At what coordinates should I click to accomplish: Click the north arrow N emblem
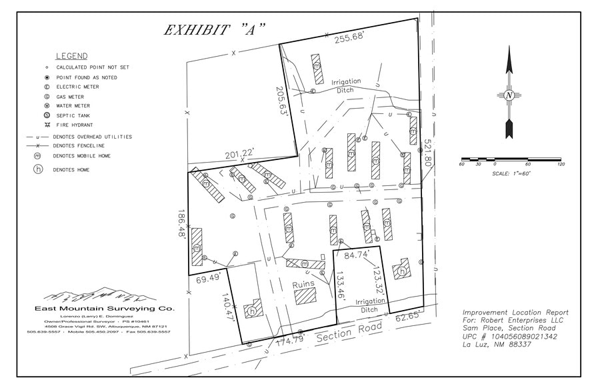click(x=509, y=95)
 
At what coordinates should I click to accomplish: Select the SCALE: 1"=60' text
click(x=511, y=173)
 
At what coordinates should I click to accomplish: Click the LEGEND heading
click(x=71, y=56)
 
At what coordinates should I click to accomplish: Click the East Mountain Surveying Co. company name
click(x=104, y=309)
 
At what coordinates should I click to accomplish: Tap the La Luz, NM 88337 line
click(x=497, y=345)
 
